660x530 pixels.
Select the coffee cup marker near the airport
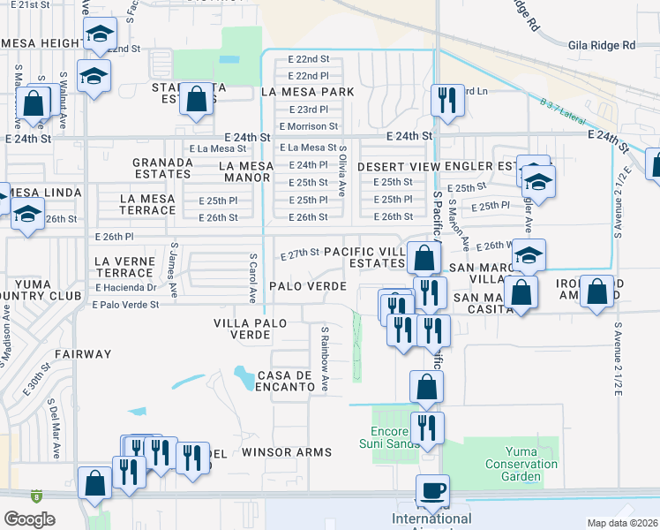coord(432,491)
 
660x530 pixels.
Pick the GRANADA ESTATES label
coord(162,169)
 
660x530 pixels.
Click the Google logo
coord(29,519)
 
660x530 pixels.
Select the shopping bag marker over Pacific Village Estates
coord(424,258)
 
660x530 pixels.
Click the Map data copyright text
coord(623,523)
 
